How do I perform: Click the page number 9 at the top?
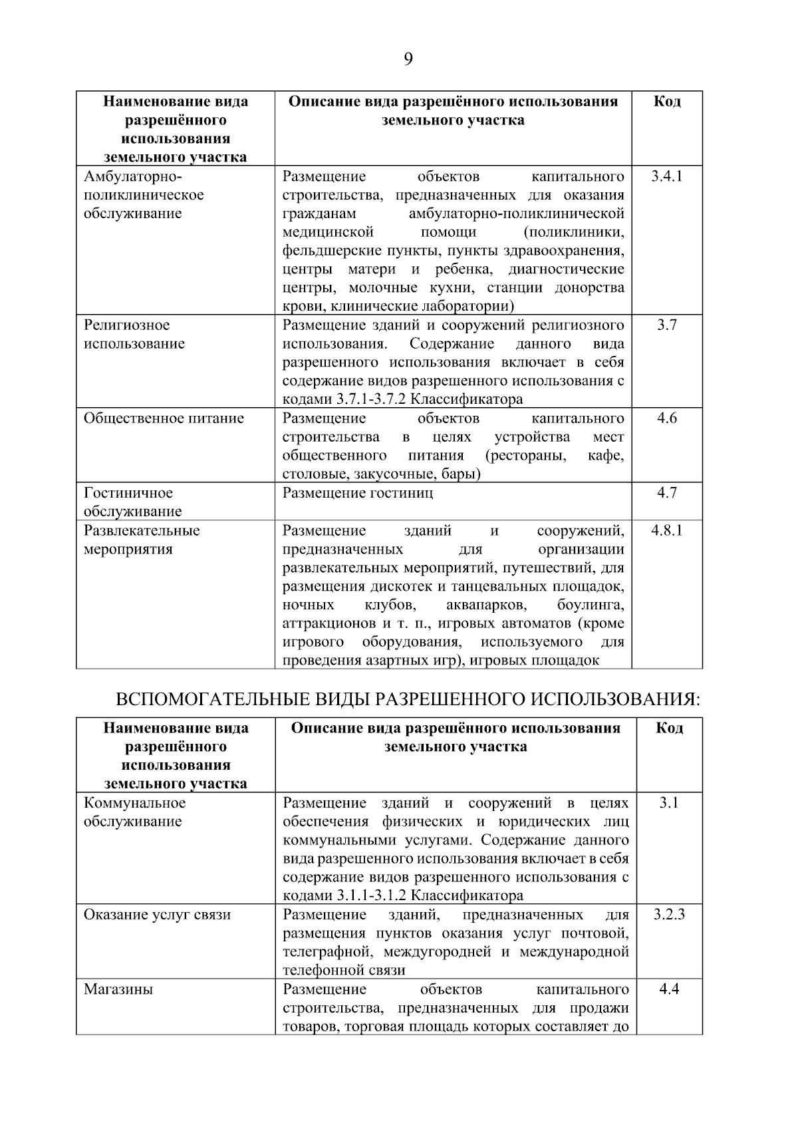coord(408,60)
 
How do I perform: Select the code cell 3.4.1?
coord(666,176)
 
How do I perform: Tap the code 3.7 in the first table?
coord(666,325)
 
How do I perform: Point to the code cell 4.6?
coord(666,418)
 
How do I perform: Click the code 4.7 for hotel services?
coord(666,493)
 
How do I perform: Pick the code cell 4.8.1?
coord(666,530)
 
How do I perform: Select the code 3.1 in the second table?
coord(669,803)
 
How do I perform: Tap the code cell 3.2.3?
coord(669,915)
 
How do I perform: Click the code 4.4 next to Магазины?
coord(669,989)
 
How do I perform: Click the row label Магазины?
coord(118,989)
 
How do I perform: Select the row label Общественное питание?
coord(164,418)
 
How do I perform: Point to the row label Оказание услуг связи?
coord(157,915)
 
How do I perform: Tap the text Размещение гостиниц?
coord(358,493)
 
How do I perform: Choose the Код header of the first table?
coord(666,102)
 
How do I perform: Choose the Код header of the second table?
coord(669,728)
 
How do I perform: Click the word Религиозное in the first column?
coord(126,325)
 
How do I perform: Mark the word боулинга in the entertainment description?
coord(591,605)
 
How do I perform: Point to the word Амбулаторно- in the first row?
coord(132,176)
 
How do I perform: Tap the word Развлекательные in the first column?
coord(141,530)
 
